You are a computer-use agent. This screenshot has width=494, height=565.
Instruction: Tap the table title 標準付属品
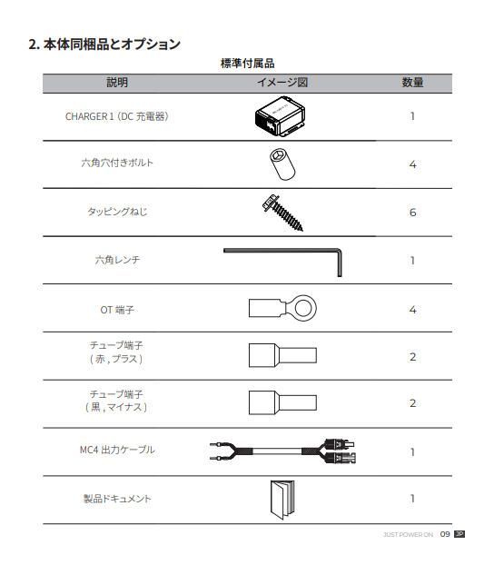click(247, 64)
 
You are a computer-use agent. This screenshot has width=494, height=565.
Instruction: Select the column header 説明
click(117, 83)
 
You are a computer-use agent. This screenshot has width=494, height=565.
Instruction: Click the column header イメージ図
click(282, 83)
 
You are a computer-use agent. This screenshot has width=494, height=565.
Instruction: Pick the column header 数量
click(412, 83)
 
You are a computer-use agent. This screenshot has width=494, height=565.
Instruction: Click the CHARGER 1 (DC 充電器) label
click(117, 116)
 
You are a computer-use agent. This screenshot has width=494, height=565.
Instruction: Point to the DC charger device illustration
click(282, 116)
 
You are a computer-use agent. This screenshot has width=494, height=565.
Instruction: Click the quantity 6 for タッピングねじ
click(412, 213)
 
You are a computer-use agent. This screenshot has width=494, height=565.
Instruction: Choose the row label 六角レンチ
click(117, 261)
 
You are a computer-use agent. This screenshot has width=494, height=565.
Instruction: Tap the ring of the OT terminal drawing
click(307, 309)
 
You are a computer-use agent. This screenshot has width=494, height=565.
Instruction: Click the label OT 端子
click(117, 310)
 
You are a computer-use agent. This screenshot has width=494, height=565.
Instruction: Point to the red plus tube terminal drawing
click(282, 355)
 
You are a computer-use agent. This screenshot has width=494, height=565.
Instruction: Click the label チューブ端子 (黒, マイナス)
click(117, 401)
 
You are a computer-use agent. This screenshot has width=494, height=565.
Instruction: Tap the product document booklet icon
click(282, 499)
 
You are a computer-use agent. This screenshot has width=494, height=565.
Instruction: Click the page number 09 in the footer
click(445, 534)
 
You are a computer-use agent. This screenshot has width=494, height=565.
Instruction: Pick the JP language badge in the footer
click(459, 534)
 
